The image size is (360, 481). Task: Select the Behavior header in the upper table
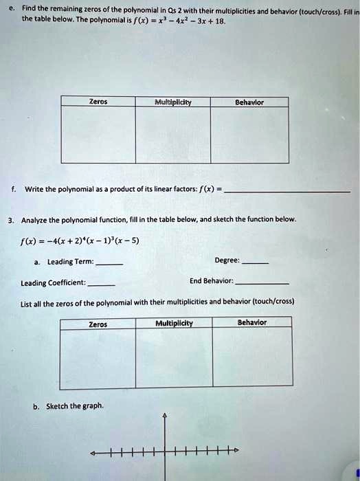coord(249,101)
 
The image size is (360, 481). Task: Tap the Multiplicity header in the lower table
coord(175,322)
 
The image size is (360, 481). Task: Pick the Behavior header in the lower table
coord(252,322)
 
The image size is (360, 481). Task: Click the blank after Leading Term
coord(110,263)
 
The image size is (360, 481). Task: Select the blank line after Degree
coord(256,263)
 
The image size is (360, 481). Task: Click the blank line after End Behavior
coord(262,283)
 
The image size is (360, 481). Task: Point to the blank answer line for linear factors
coord(287,190)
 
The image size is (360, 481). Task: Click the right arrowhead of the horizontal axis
coord(236,451)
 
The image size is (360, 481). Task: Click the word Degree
coord(227,260)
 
